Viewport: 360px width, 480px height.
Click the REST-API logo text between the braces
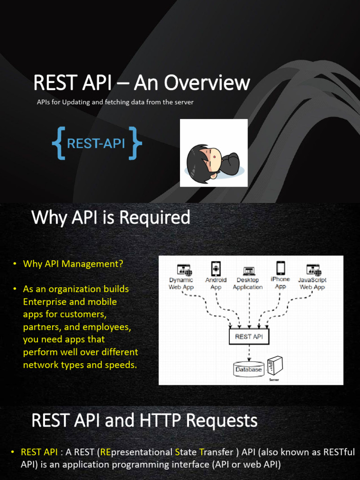pyautogui.click(x=96, y=143)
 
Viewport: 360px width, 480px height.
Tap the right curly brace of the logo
pyautogui.click(x=136, y=143)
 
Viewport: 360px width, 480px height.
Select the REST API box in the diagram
pyautogui.click(x=249, y=337)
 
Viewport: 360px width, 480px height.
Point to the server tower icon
pyautogui.click(x=275, y=365)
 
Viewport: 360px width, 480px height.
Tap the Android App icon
pyautogui.click(x=216, y=269)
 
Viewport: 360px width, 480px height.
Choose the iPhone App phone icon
pyautogui.click(x=280, y=268)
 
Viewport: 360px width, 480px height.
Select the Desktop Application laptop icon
pyautogui.click(x=248, y=271)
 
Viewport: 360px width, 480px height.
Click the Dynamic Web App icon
pyautogui.click(x=184, y=270)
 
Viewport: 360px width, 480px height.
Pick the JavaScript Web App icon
pyautogui.click(x=313, y=270)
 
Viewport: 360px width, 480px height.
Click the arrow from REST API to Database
pyautogui.click(x=249, y=353)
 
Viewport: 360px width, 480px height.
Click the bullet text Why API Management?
pyautogui.click(x=73, y=264)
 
